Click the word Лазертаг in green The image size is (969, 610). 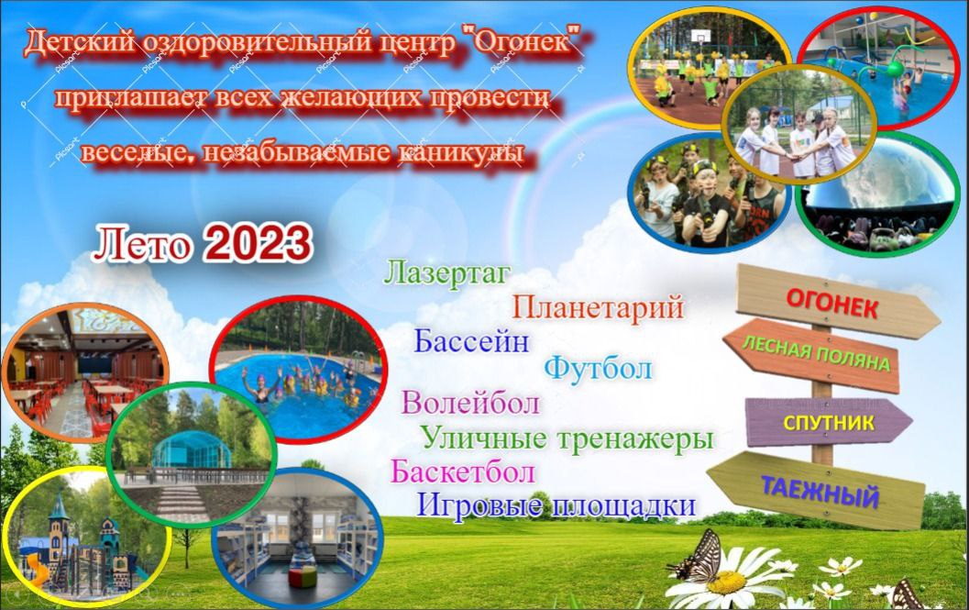pos(447,272)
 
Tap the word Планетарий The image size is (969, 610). pos(599,306)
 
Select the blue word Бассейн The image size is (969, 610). pos(471,340)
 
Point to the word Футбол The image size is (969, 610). pos(599,368)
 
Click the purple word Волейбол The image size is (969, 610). pos(471,403)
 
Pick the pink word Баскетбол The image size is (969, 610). pos(463,471)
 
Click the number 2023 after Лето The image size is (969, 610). pos(259,243)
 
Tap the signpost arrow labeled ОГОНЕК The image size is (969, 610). pos(837,302)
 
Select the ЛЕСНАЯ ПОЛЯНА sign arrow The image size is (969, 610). pos(811,356)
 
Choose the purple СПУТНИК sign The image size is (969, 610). pos(828,422)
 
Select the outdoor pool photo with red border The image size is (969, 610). pos(298,370)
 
